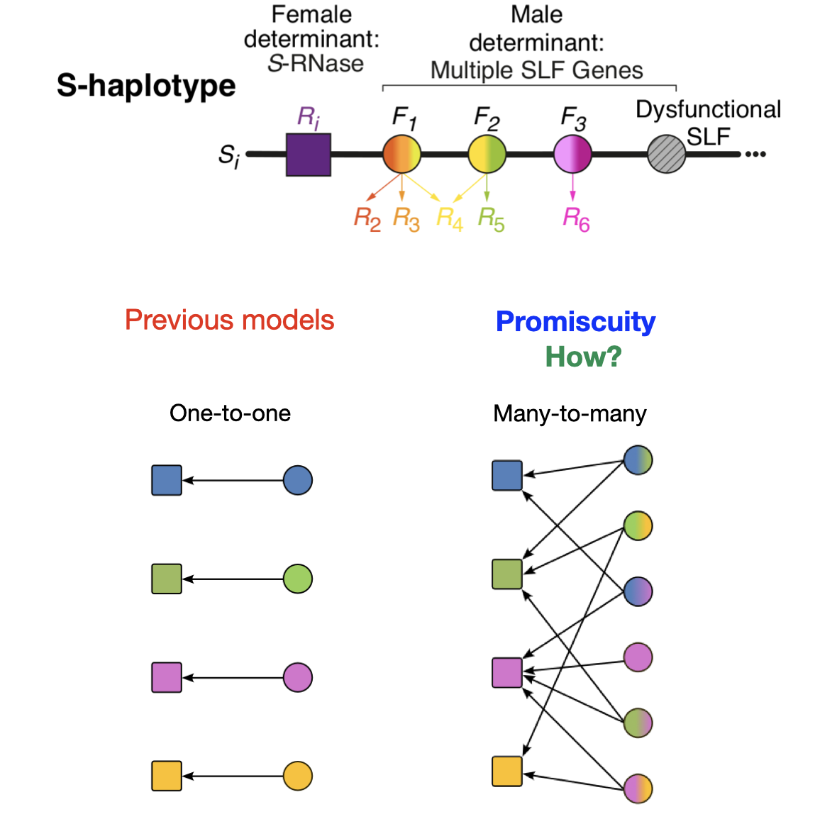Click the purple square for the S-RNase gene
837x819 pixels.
pos(309,155)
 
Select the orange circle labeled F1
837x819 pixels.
pos(401,154)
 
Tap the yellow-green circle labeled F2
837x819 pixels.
pos(487,154)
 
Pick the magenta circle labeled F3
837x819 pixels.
pos(572,154)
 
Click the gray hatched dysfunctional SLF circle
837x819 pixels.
pos(666,154)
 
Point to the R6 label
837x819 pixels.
pos(576,219)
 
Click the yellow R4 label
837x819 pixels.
pos(450,219)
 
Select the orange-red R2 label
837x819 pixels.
pos(367,219)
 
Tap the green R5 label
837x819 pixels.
pos(491,219)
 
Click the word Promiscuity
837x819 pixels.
pos(575,322)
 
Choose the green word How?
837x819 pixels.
pos(584,357)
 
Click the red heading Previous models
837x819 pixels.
pos(230,320)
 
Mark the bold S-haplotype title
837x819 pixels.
pos(146,86)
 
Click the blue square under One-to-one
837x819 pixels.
pos(167,480)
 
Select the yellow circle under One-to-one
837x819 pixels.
pos(297,776)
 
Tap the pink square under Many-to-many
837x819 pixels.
pos(507,673)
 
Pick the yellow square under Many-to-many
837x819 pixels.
pos(507,771)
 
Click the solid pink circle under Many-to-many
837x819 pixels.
pos(638,657)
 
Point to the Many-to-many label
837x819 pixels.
pos(570,413)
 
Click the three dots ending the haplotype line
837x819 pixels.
pos(756,154)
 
